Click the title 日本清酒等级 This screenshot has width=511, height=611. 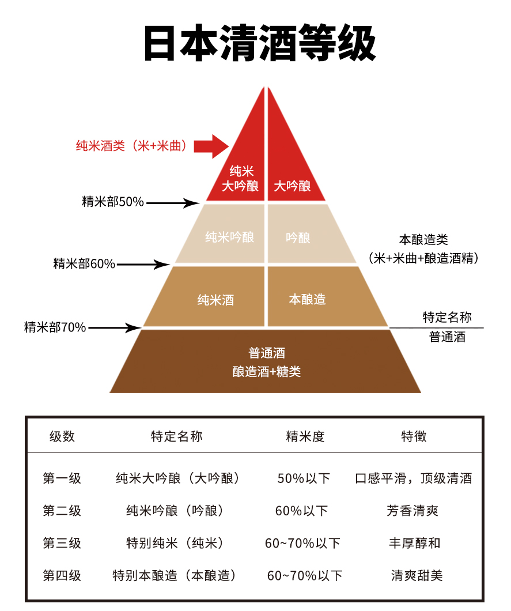(x=260, y=43)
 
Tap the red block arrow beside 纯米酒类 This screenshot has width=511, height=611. (x=211, y=146)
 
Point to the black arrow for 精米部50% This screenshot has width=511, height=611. (x=173, y=203)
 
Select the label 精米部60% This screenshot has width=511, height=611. (x=84, y=264)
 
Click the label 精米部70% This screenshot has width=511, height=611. (x=55, y=327)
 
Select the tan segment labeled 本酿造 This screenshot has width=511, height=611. (x=323, y=296)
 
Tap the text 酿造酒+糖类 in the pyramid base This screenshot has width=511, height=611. (x=267, y=371)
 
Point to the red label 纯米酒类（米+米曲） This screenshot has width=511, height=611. (x=131, y=146)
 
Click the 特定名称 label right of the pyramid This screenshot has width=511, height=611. (x=447, y=317)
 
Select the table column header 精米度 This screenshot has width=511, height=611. (x=305, y=436)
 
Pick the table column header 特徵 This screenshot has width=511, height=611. (x=414, y=436)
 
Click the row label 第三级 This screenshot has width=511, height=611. (x=62, y=543)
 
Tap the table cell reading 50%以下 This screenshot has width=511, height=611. (x=304, y=478)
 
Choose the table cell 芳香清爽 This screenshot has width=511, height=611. (x=412, y=511)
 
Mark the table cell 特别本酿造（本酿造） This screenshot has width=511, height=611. (x=174, y=575)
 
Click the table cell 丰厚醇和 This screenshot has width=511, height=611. (x=414, y=543)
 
